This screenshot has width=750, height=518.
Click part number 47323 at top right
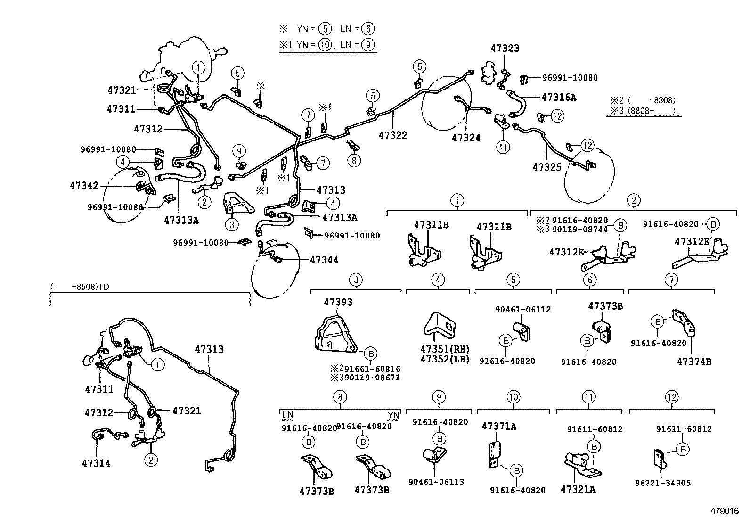pyautogui.click(x=505, y=48)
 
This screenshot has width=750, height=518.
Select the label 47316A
pyautogui.click(x=559, y=98)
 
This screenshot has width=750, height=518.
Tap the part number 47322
pyautogui.click(x=392, y=135)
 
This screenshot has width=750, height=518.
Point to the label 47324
pyautogui.click(x=466, y=138)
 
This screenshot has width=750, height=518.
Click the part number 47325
pyautogui.click(x=547, y=167)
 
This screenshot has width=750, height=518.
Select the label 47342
pyautogui.click(x=84, y=185)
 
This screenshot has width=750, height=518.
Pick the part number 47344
pyautogui.click(x=324, y=260)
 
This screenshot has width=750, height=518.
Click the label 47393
pyautogui.click(x=338, y=302)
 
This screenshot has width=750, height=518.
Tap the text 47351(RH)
pyautogui.click(x=445, y=349)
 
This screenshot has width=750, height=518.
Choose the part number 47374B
pyautogui.click(x=694, y=362)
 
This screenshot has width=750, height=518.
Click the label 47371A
pyautogui.click(x=499, y=427)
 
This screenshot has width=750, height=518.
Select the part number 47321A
pyautogui.click(x=578, y=489)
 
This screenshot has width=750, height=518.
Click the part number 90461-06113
pyautogui.click(x=436, y=482)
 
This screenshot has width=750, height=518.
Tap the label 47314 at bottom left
pyautogui.click(x=98, y=463)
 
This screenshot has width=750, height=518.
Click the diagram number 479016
pyautogui.click(x=725, y=511)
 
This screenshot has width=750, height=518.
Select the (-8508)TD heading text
pyautogui.click(x=82, y=286)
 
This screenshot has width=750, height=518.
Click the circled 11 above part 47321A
pyautogui.click(x=588, y=397)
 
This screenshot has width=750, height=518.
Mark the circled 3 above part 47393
pyautogui.click(x=356, y=280)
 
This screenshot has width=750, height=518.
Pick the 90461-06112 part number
pyautogui.click(x=522, y=310)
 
